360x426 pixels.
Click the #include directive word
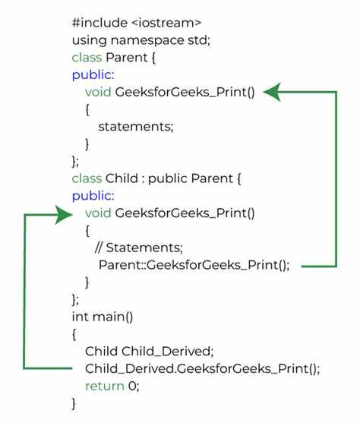click(99, 23)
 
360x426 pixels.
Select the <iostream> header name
click(166, 23)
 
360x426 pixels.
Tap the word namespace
click(147, 41)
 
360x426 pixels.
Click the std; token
click(199, 40)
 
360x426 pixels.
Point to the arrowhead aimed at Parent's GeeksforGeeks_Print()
click(272, 92)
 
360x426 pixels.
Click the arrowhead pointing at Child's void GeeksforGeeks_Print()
click(64, 215)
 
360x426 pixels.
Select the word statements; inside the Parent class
click(136, 127)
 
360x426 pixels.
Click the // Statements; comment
click(139, 248)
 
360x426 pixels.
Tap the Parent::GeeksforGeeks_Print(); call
click(194, 265)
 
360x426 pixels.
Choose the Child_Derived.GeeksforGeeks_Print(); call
click(203, 369)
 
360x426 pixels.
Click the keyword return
click(105, 387)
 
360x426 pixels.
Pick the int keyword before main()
click(81, 317)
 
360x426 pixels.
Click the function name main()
click(112, 317)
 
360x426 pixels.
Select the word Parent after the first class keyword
click(127, 58)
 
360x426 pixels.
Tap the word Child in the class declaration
click(122, 178)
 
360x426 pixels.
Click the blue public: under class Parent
click(93, 75)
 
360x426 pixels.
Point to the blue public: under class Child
click(93, 196)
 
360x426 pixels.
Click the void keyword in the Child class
click(98, 213)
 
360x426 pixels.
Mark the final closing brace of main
click(74, 404)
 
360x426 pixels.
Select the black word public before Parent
click(167, 179)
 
